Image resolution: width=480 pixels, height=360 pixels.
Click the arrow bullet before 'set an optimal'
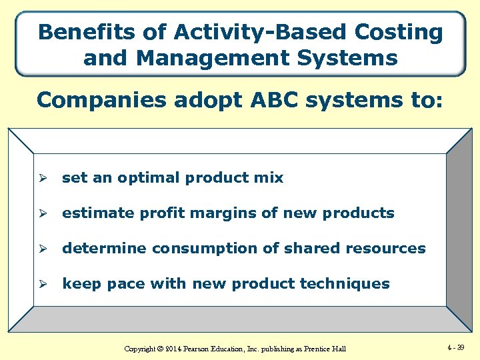click(43, 178)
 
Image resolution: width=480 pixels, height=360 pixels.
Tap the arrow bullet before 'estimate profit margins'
click(43, 213)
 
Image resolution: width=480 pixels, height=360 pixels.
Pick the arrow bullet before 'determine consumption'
click(43, 249)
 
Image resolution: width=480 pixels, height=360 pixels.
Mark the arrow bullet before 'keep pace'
click(43, 284)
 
